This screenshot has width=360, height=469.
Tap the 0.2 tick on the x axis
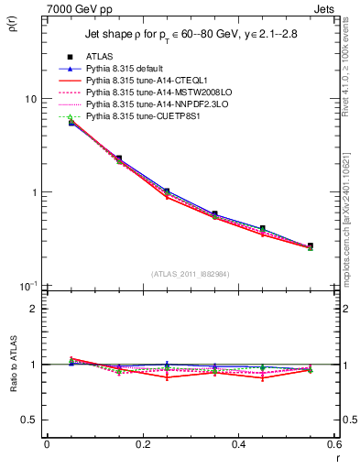click(x=142, y=444)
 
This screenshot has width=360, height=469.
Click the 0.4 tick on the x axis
click(x=238, y=444)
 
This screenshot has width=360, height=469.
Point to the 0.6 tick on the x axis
click(x=333, y=444)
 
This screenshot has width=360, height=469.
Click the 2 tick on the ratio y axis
click(x=33, y=309)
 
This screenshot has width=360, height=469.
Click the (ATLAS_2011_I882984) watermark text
click(x=190, y=274)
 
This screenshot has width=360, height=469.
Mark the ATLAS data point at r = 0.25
click(x=166, y=191)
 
